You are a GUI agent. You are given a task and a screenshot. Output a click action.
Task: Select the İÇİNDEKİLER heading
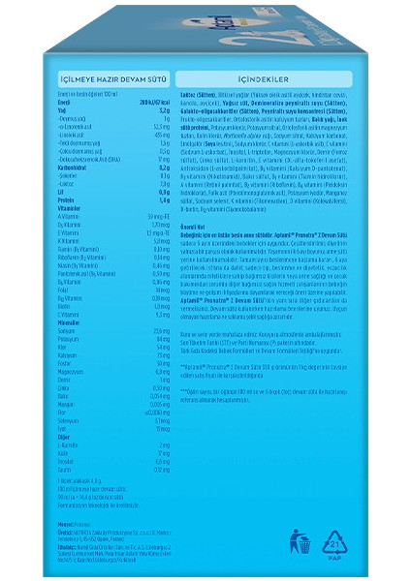[x=264, y=98]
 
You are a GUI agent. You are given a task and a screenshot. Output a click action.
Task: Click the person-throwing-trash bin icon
[x=302, y=542]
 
